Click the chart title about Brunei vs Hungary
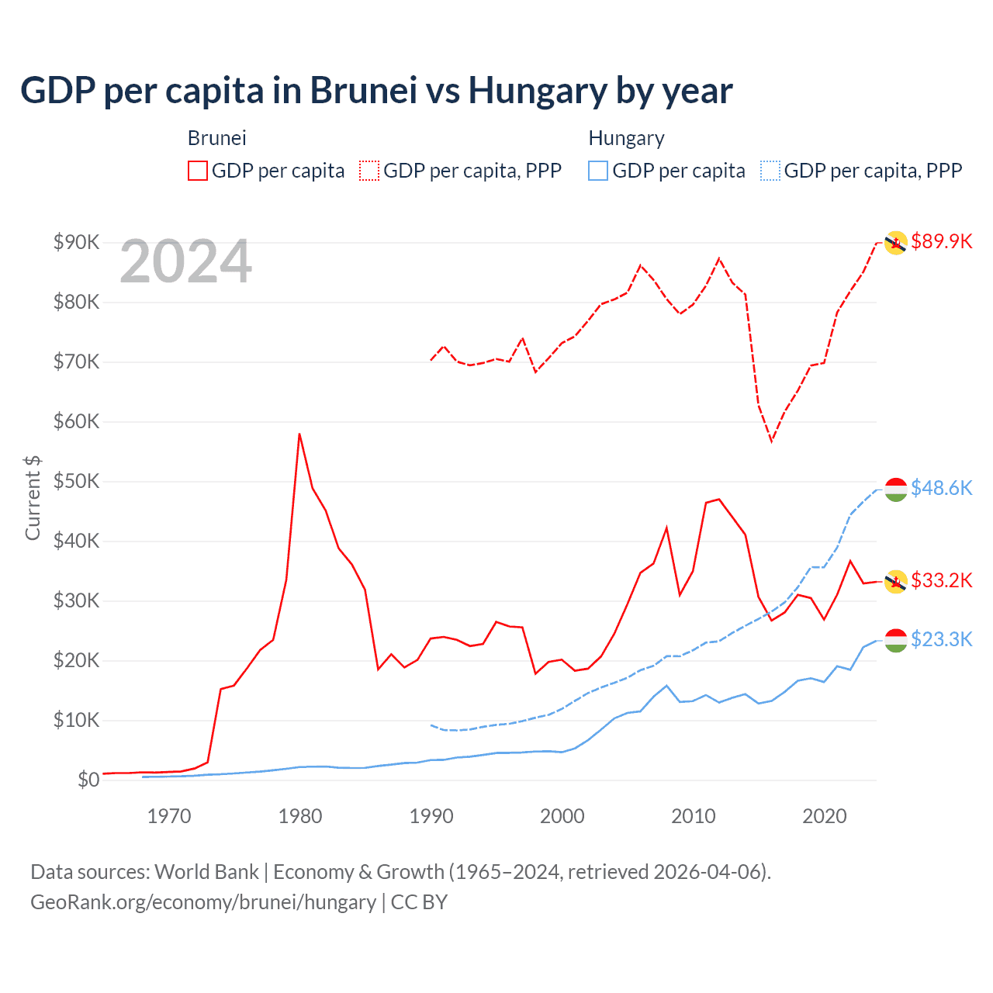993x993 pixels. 376,91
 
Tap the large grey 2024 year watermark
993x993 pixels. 185,261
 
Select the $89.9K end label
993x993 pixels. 941,241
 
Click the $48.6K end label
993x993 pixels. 941,488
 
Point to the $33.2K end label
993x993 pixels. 941,580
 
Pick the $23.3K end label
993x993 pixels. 941,639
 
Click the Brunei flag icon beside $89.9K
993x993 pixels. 896,243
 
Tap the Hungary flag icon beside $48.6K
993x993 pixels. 896,490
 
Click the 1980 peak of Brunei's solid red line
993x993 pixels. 299,434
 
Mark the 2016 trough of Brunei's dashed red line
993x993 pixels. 771,441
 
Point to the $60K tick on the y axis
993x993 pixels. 76,422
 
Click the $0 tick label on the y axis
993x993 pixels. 88,780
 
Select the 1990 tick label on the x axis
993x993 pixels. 431,816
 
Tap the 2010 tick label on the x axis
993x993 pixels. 693,816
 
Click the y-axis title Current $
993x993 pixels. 33,498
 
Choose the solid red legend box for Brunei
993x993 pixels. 198,171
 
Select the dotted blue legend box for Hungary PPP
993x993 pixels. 770,171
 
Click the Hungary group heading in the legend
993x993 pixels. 626,138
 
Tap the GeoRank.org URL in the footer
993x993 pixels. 203,902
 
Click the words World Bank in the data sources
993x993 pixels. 206,872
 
